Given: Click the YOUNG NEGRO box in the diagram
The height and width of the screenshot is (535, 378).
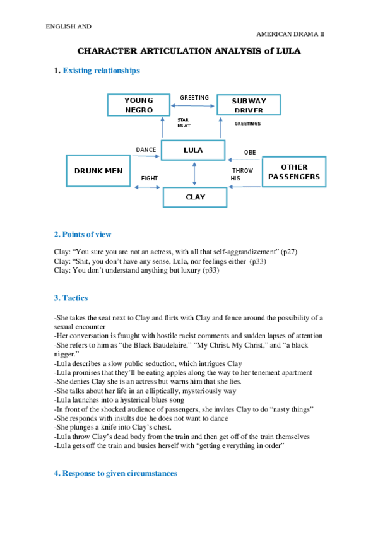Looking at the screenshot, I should pyautogui.click(x=139, y=105).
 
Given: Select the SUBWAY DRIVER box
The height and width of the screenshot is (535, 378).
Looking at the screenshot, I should pyautogui.click(x=249, y=105).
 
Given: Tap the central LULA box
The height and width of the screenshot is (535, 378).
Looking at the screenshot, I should pyautogui.click(x=193, y=150).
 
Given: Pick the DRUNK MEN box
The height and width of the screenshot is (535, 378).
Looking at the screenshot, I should pyautogui.click(x=98, y=171).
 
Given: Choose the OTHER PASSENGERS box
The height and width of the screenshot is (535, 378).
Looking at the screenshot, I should pyautogui.click(x=294, y=172).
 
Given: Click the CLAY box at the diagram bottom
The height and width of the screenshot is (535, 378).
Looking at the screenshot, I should pyautogui.click(x=195, y=197).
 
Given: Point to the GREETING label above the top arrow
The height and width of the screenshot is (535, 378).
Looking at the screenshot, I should pyautogui.click(x=194, y=98).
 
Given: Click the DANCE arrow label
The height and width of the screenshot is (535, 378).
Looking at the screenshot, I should pyautogui.click(x=146, y=150).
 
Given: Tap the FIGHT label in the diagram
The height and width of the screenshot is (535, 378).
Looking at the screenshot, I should pyautogui.click(x=150, y=179).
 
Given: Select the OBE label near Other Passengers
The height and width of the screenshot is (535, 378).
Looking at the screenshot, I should pyautogui.click(x=250, y=153).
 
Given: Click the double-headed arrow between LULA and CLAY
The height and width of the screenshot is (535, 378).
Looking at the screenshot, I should pyautogui.click(x=194, y=173).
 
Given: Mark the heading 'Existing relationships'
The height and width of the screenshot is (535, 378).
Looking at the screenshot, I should pyautogui.click(x=101, y=71).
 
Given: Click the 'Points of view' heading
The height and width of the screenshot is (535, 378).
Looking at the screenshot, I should pyautogui.click(x=87, y=235).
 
